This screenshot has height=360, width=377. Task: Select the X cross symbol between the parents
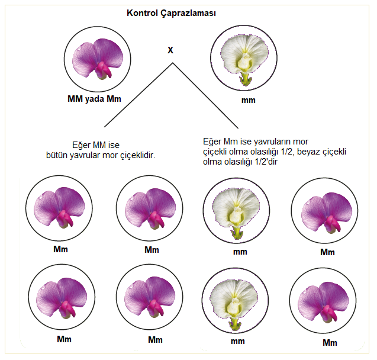170,50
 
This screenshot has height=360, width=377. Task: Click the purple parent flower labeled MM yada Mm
95,59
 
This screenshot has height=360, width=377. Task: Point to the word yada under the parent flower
94,99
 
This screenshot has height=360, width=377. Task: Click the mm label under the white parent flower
249,100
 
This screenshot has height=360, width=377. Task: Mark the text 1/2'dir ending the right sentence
266,161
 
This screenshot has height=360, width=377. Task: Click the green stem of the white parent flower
244,79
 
